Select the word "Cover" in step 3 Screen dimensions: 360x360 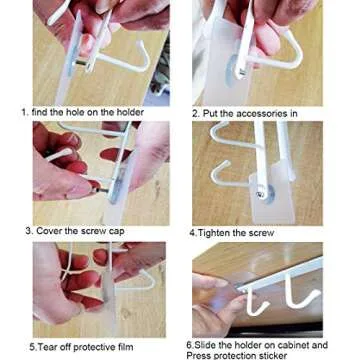[x=52, y=231]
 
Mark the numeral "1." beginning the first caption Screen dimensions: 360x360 [x=25, y=113]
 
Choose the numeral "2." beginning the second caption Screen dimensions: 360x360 [x=195, y=114]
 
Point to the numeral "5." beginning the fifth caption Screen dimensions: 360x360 [x=33, y=347]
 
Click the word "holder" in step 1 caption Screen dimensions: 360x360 [x=127, y=113]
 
